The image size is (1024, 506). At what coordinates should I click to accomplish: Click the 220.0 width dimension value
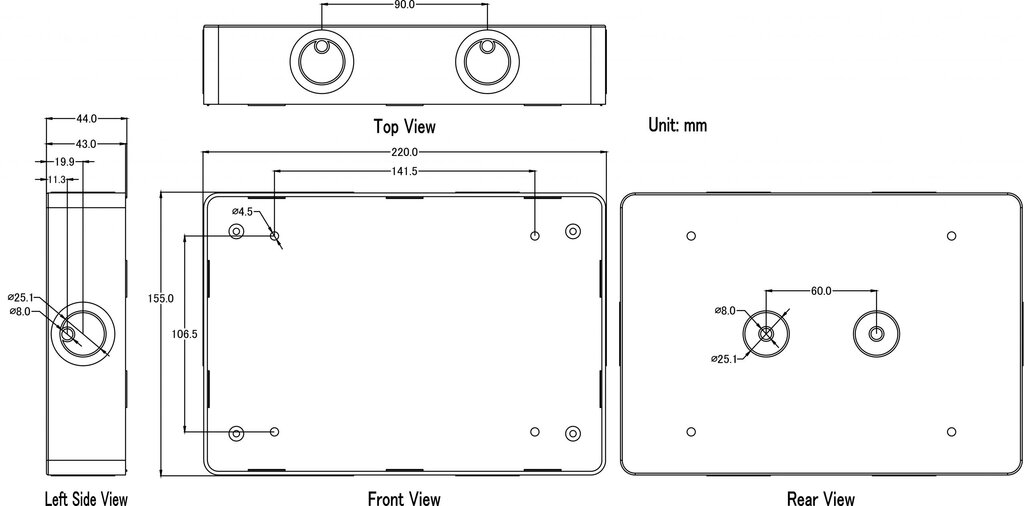[404, 152]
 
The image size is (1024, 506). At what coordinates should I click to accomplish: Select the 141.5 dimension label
[404, 171]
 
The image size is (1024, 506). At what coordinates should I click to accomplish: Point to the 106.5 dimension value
[185, 334]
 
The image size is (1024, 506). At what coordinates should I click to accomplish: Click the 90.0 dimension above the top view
[404, 5]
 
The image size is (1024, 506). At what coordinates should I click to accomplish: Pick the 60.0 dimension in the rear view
[821, 291]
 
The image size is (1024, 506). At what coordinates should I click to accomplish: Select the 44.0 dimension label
[86, 119]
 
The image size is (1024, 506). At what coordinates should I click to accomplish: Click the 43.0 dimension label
[86, 144]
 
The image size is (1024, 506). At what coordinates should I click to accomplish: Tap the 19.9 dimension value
[64, 161]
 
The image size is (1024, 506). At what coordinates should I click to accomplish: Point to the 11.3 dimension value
[56, 180]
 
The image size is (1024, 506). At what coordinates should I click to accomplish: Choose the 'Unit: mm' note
[677, 125]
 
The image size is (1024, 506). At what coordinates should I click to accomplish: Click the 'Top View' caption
[404, 125]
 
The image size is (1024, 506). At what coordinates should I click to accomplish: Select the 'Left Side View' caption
[86, 499]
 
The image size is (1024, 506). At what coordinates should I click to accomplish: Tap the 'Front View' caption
[404, 499]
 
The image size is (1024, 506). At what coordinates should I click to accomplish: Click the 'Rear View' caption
[821, 499]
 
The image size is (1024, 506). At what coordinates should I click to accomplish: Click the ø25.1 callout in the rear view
[724, 358]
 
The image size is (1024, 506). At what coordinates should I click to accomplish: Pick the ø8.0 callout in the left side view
[21, 311]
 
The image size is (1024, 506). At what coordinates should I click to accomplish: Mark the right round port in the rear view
[876, 334]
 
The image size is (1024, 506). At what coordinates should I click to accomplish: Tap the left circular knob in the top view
[321, 62]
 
